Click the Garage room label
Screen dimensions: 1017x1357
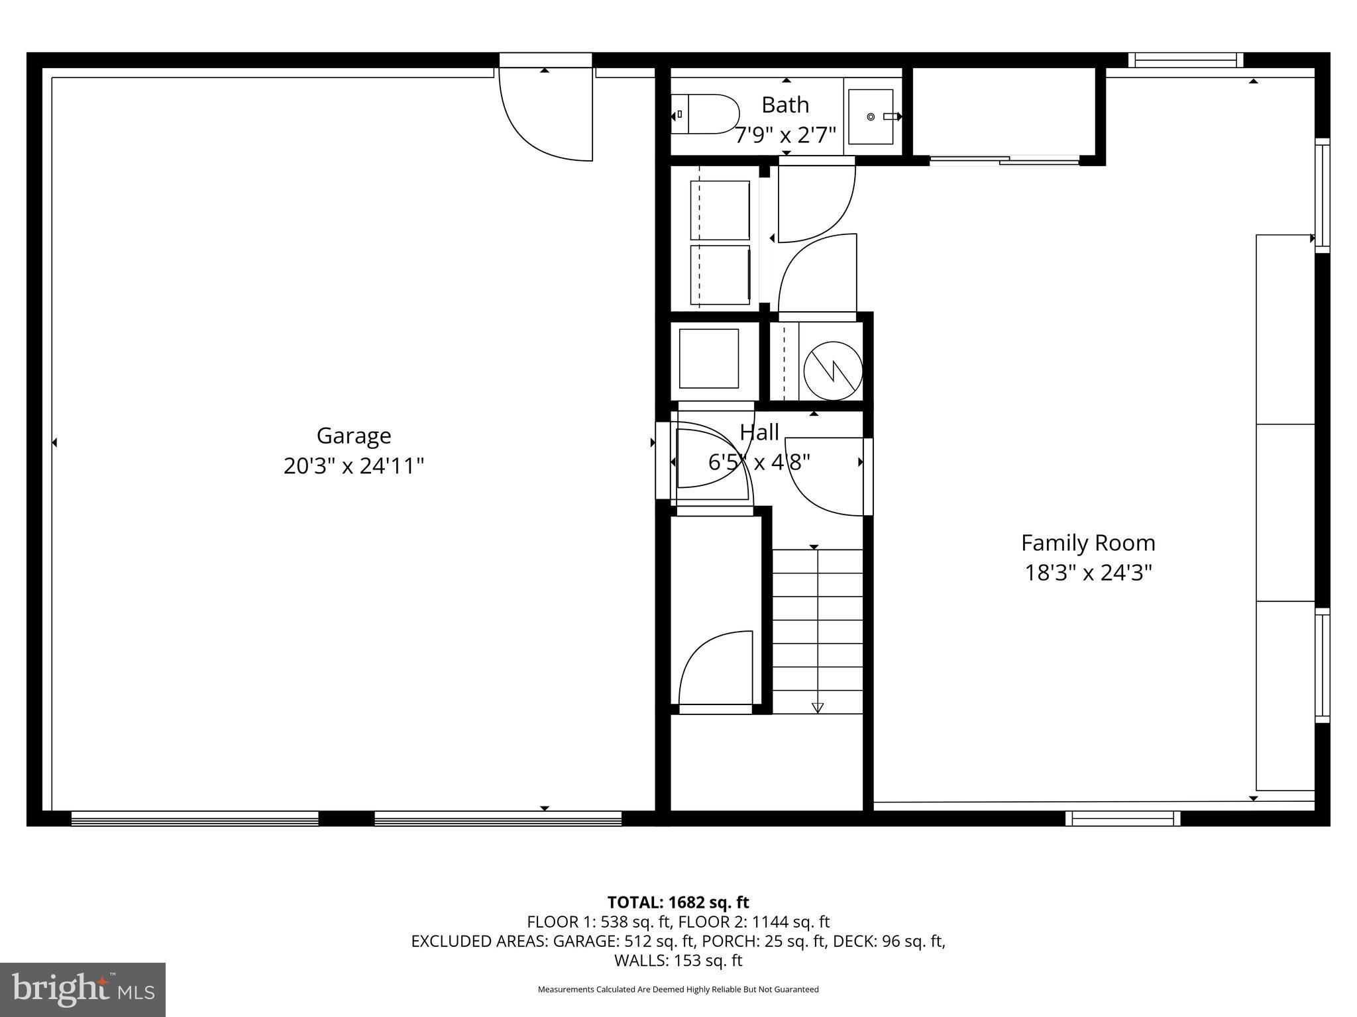[353, 436]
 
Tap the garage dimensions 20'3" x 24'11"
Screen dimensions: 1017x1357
[353, 466]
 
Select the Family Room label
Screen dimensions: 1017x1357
[1088, 543]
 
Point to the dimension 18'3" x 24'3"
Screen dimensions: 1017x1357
[1088, 572]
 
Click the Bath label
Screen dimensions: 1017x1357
[785, 105]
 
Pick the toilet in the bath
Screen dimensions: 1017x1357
[706, 115]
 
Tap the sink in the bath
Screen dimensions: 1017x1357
[871, 117]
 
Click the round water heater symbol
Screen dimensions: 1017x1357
[833, 371]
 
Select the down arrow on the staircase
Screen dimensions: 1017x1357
[817, 707]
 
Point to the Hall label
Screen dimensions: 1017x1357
[759, 432]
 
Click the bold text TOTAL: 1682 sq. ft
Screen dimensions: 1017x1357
[678, 902]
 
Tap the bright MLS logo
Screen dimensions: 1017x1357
[83, 989]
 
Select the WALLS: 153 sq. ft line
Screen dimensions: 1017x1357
[678, 960]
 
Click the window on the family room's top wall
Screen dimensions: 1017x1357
[1185, 60]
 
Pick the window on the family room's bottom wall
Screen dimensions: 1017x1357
[1122, 819]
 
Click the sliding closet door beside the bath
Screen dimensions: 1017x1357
[1004, 160]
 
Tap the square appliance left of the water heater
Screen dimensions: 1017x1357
[708, 358]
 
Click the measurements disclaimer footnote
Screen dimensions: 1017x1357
[678, 989]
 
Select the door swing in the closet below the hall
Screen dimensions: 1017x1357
[716, 669]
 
